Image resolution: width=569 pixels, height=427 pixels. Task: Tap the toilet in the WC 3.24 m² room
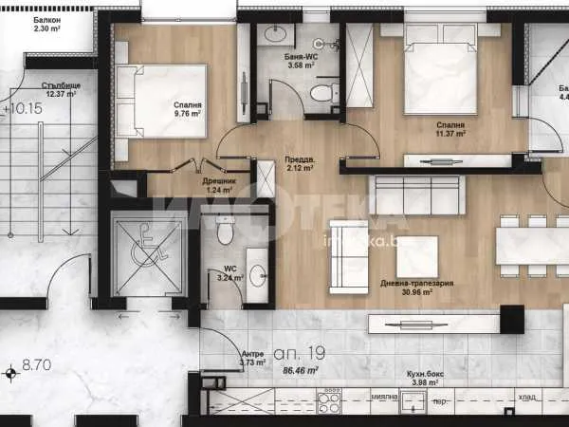click(x=225, y=230)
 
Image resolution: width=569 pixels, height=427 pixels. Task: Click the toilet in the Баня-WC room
click(x=323, y=93)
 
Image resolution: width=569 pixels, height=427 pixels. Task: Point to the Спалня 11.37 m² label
click(x=450, y=129)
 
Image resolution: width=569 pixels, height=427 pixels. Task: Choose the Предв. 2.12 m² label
click(x=299, y=165)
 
